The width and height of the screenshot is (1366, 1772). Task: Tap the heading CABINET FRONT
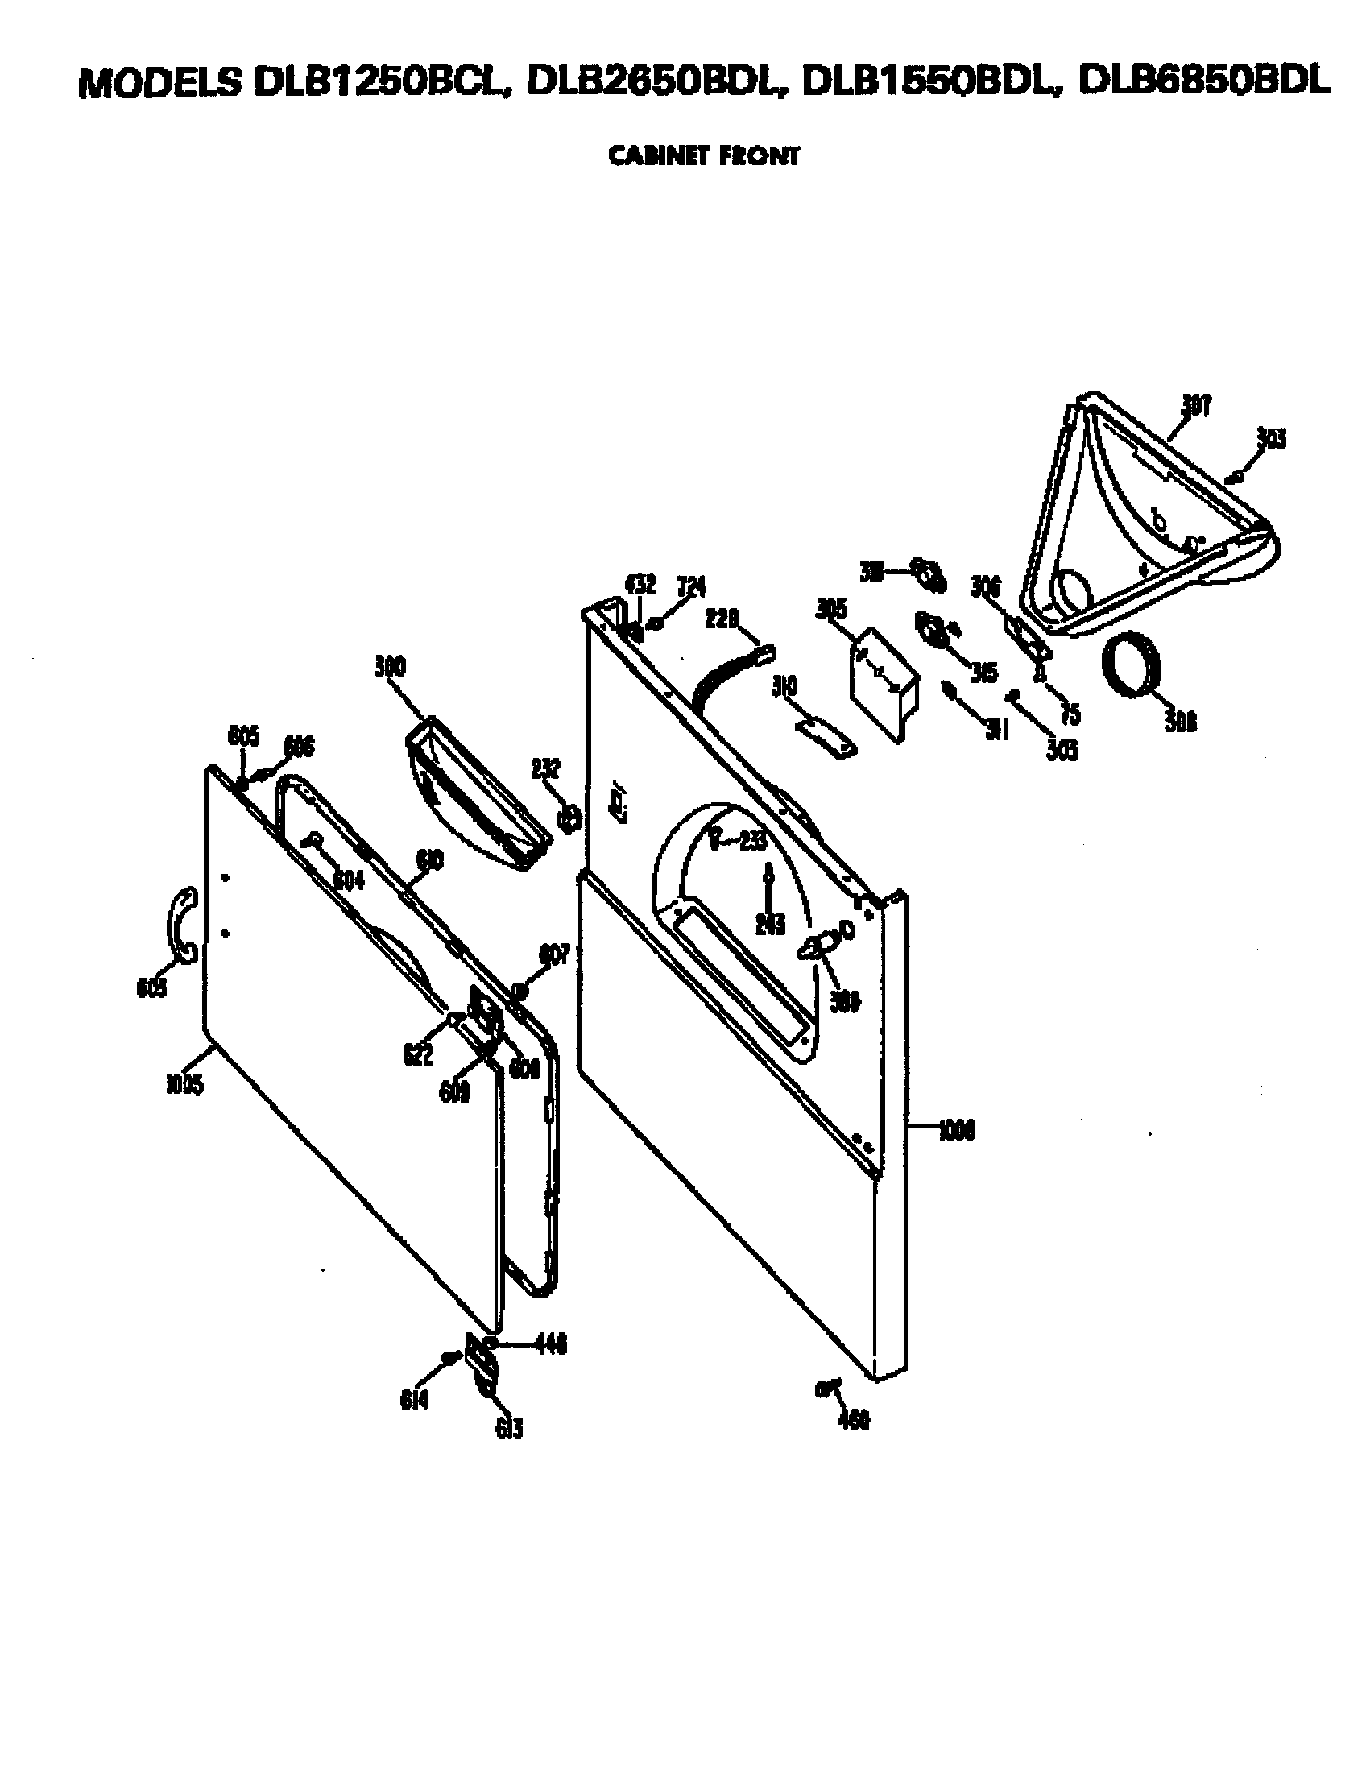tap(703, 155)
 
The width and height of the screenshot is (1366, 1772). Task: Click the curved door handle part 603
tap(182, 924)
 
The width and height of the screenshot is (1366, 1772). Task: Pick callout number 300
tap(390, 667)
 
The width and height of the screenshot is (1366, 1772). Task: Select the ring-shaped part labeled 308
tap(1132, 665)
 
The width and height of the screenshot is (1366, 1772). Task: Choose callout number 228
tap(721, 619)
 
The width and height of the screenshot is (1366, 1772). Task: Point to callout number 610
tap(429, 860)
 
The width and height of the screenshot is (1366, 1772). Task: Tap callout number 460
tap(853, 1419)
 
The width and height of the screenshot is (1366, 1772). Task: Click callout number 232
tap(545, 768)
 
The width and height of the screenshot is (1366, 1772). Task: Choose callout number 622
tap(418, 1054)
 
